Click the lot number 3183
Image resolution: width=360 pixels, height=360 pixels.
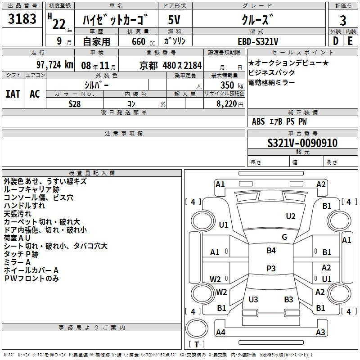[x=22, y=19]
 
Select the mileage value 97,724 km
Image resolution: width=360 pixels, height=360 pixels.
[x=55, y=65]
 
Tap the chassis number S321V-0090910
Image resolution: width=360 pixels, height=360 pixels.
[x=302, y=143]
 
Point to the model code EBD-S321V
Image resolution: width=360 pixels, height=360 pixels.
[x=258, y=41]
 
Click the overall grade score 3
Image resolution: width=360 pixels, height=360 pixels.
[x=343, y=21]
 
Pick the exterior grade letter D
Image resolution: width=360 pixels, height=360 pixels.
[x=336, y=41]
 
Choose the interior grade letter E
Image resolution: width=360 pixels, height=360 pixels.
[x=350, y=41]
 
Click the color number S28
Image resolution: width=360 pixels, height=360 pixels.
[x=75, y=104]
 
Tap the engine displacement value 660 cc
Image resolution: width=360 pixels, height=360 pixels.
[x=143, y=41]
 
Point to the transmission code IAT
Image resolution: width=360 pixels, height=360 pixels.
[x=13, y=94]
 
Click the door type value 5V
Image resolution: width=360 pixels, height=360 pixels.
[x=174, y=20]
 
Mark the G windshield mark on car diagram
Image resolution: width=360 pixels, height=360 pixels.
[x=284, y=237]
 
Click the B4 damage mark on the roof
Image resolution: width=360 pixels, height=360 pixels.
[x=271, y=251]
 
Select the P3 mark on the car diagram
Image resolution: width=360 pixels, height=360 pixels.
[x=271, y=268]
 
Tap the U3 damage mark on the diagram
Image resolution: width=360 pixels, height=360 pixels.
[x=253, y=299]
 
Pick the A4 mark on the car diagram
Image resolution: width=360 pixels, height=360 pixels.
[x=220, y=332]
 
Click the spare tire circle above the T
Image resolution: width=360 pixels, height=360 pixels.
[x=197, y=328]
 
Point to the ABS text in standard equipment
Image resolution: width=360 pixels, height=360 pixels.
[x=258, y=121]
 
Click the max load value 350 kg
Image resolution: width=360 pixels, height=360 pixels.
[x=232, y=85]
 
